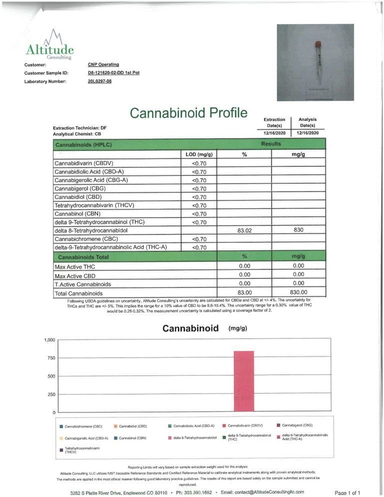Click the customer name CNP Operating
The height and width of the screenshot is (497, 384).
pyautogui.click(x=103, y=64)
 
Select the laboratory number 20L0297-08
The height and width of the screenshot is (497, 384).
pyautogui.click(x=99, y=81)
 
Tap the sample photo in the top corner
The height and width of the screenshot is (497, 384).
pyautogui.click(x=315, y=62)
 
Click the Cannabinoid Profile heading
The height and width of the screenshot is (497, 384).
pyautogui.click(x=188, y=113)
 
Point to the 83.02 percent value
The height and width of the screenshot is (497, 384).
pyautogui.click(x=244, y=230)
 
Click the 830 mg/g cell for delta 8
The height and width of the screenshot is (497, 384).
pyautogui.click(x=298, y=230)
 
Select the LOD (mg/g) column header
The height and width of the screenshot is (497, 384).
pyautogui.click(x=199, y=155)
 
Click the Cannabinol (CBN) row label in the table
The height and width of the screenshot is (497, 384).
pyautogui.click(x=80, y=213)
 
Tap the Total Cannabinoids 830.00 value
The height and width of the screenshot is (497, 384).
pyautogui.click(x=298, y=292)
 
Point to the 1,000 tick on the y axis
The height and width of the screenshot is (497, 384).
pyautogui.click(x=49, y=340)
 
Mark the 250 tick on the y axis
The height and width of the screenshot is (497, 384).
pyautogui.click(x=50, y=394)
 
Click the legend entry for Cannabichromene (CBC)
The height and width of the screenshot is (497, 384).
pyautogui.click(x=83, y=426)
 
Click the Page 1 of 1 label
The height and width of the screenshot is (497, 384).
pyautogui.click(x=347, y=493)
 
